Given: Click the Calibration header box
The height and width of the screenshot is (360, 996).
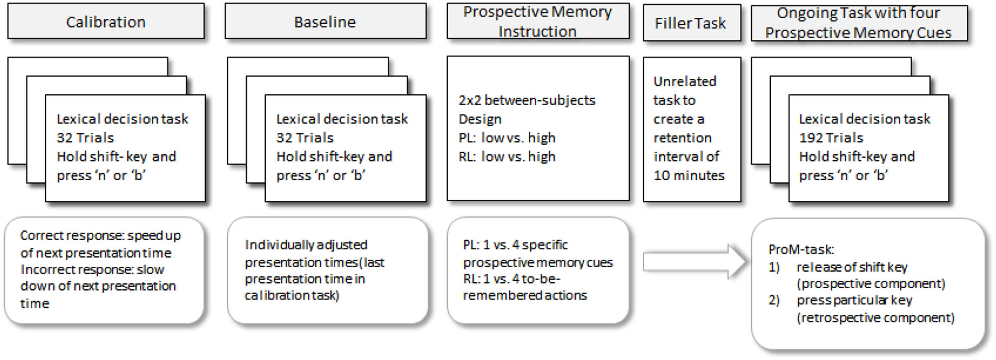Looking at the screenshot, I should click(x=106, y=22).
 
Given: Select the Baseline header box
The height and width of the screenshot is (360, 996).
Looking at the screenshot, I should click(x=325, y=22).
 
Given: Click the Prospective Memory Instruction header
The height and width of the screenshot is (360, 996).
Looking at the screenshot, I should click(x=538, y=21).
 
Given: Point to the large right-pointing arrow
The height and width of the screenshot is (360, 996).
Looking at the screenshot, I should click(x=694, y=261).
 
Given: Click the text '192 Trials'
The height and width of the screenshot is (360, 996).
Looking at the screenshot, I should click(x=831, y=138).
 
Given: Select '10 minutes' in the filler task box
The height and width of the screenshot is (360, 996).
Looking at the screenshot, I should click(x=689, y=175).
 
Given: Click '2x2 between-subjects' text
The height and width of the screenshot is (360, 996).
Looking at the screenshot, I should click(x=527, y=100).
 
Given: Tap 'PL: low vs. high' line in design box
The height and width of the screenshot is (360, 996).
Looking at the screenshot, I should click(x=506, y=138).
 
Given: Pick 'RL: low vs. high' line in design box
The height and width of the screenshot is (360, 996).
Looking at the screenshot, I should click(x=506, y=157).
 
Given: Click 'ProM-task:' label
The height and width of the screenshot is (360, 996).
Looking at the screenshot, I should click(x=801, y=249).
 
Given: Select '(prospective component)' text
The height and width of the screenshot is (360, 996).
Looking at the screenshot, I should click(x=871, y=284).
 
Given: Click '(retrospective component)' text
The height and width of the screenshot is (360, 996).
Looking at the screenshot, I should click(x=875, y=317).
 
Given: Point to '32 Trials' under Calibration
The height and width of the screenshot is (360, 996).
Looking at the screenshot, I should click(x=85, y=138).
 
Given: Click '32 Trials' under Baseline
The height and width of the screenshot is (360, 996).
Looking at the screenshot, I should click(x=305, y=138).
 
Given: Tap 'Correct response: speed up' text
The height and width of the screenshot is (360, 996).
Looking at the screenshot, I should click(x=100, y=236).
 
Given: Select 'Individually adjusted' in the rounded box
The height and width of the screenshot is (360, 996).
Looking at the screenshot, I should click(x=306, y=245).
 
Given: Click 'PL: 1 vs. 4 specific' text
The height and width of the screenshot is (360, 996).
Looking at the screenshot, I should click(x=515, y=245).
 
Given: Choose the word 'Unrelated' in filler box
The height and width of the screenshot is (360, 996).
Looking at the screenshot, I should click(x=685, y=81).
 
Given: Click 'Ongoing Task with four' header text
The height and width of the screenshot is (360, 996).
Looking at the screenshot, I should click(x=858, y=13).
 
